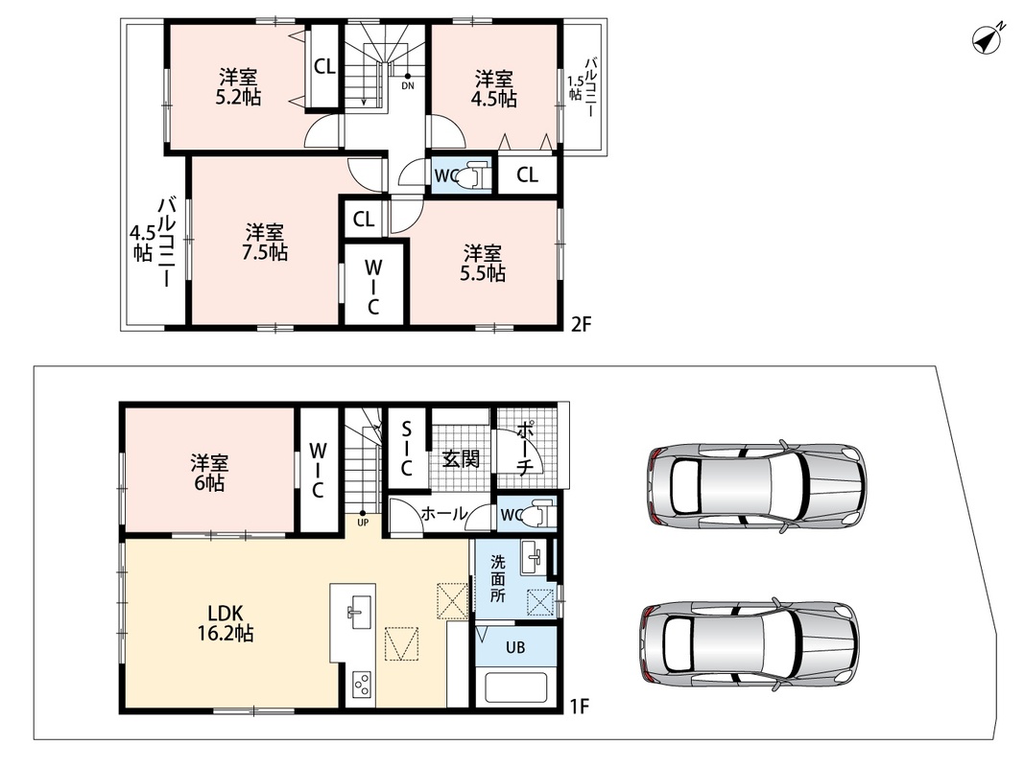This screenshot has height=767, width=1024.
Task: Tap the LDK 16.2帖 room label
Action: (x=226, y=623)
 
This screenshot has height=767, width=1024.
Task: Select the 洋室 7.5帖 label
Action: (x=265, y=242)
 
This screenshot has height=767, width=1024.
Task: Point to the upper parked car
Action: (x=757, y=487)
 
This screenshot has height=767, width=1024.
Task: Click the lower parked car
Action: (x=750, y=642)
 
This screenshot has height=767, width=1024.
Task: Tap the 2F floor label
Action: (x=581, y=324)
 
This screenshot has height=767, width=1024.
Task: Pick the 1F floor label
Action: (x=580, y=706)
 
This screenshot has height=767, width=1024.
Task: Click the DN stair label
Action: (x=408, y=85)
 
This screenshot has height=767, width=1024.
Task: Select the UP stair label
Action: (x=363, y=522)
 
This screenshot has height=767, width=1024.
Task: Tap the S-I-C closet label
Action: (x=406, y=449)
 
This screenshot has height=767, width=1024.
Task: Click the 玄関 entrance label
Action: (x=461, y=458)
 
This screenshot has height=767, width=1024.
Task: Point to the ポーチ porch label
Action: (x=526, y=448)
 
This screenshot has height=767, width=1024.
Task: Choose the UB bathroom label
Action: (x=515, y=648)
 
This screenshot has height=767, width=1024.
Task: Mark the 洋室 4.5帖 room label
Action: (x=493, y=89)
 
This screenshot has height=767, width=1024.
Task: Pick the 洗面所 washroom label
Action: (x=498, y=578)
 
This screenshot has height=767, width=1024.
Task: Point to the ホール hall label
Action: (x=443, y=514)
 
